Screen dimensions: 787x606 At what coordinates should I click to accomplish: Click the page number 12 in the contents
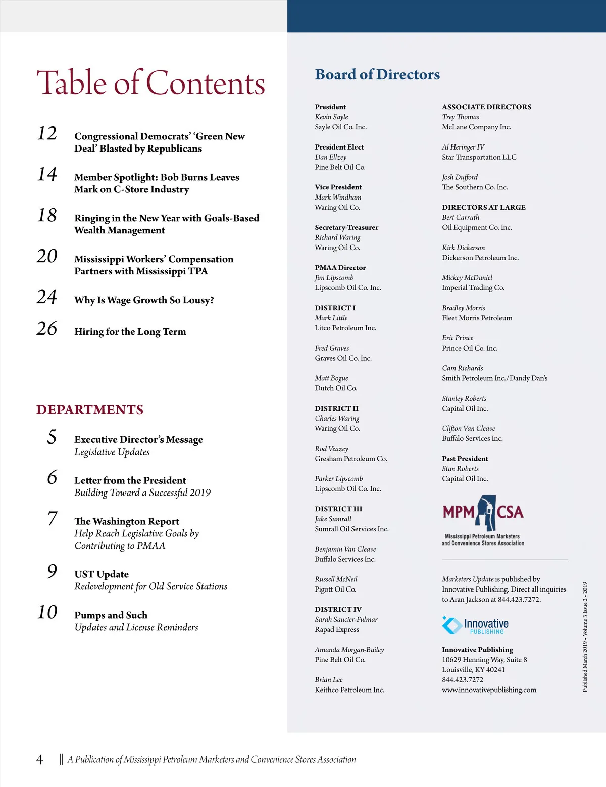coord(47,133)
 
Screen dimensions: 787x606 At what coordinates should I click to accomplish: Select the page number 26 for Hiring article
coord(47,329)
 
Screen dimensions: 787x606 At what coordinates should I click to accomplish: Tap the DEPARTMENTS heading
coord(90,410)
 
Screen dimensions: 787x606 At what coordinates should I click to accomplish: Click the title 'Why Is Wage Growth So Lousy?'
coord(144,300)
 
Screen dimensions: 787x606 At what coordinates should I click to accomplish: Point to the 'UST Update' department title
coord(102,574)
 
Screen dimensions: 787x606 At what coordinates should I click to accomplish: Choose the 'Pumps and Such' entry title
coord(111,615)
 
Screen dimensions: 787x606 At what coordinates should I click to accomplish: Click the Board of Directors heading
coord(377,75)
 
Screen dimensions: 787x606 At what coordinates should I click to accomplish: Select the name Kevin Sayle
coord(331,117)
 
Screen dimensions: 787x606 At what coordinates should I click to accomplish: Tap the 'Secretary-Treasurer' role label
coord(346,227)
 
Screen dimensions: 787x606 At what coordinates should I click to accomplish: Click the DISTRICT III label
coord(338,509)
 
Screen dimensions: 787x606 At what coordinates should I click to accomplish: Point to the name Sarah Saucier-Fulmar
coord(346,619)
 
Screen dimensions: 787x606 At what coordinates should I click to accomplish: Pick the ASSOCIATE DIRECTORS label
coord(486,107)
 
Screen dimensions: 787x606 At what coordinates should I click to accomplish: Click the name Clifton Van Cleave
coord(468,428)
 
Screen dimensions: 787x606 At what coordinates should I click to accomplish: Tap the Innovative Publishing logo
coord(476,626)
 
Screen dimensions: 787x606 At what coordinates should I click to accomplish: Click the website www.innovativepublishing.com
coord(489,690)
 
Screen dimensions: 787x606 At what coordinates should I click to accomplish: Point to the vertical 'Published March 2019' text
coord(585,636)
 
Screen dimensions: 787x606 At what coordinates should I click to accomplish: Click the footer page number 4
coord(40,760)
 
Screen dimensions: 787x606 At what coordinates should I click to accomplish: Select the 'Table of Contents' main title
coord(150,83)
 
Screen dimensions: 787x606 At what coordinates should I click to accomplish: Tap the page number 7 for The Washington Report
coord(52,519)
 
